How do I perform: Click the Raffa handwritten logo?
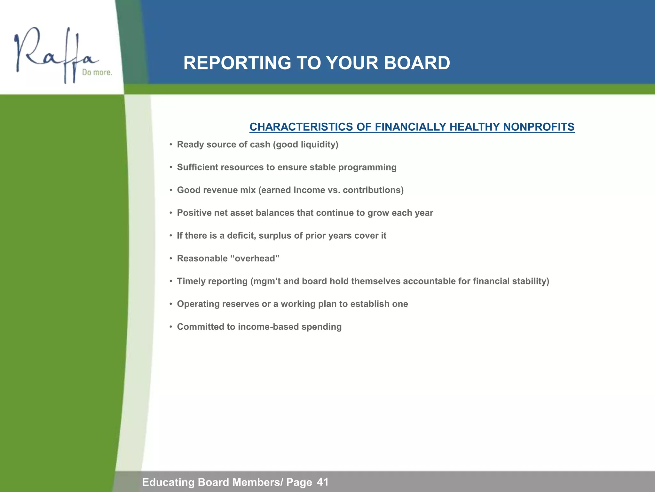[x=54, y=54]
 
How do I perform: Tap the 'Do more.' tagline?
[x=97, y=72]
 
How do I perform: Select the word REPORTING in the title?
[x=237, y=63]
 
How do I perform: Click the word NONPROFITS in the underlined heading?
[x=539, y=127]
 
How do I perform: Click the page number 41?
[x=322, y=482]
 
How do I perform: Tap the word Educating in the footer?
[x=168, y=482]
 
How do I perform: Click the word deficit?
[x=241, y=235]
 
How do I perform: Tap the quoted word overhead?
[x=255, y=258]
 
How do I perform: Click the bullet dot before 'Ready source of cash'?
[x=171, y=145]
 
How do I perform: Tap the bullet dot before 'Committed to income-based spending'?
[x=171, y=327]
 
